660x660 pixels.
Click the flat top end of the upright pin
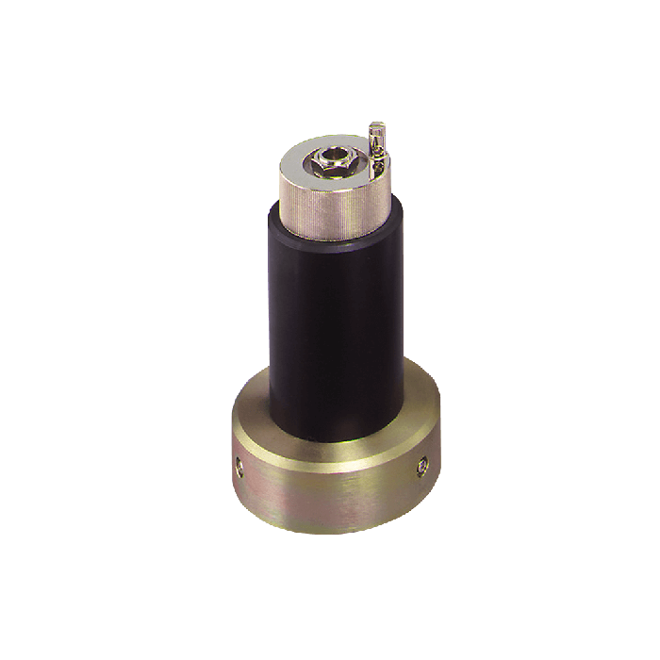pyautogui.click(x=377, y=125)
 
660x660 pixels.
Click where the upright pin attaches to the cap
pyautogui.click(x=377, y=170)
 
